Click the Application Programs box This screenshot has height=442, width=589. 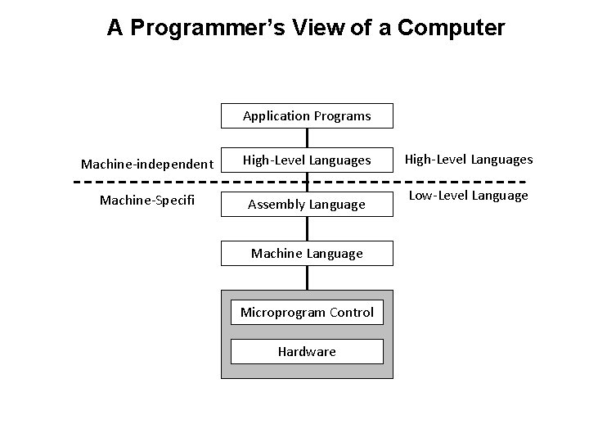[307, 116]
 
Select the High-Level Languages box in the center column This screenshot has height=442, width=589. [307, 160]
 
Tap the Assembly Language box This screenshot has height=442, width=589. [307, 204]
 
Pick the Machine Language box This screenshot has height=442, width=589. [307, 254]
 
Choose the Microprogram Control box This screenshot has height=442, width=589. [307, 312]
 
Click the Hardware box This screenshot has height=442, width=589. [307, 351]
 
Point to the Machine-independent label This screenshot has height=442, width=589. [147, 164]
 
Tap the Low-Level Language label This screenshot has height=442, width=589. [469, 195]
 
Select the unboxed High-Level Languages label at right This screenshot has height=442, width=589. [470, 159]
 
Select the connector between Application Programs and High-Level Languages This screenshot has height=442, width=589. [308, 138]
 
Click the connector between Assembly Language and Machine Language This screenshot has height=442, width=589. [308, 230]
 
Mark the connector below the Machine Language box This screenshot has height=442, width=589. [308, 278]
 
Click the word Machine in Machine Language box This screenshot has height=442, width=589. [276, 254]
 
